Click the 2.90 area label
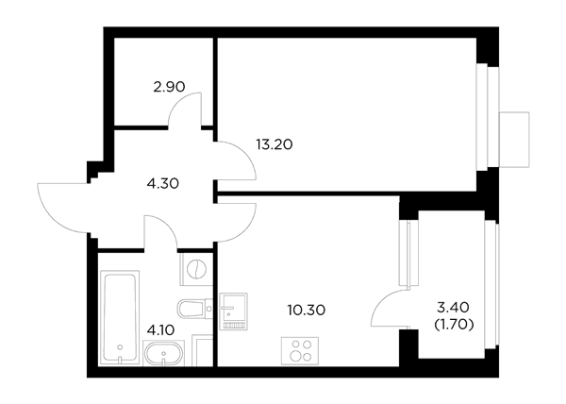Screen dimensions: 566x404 (169, 87)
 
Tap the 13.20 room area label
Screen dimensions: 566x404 (275, 144)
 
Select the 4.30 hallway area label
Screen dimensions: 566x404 (163, 184)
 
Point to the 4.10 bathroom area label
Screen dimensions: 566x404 (161, 329)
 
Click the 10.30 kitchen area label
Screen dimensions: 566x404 (307, 310)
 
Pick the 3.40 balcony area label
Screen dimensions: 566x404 (453, 308)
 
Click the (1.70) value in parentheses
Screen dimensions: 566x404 (454, 325)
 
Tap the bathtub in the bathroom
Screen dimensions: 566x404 (120, 317)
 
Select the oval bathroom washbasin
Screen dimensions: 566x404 (163, 352)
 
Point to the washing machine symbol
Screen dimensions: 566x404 (196, 269)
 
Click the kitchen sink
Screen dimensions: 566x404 (234, 311)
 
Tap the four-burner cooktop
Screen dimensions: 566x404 (300, 350)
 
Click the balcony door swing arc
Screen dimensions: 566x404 (379, 303)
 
